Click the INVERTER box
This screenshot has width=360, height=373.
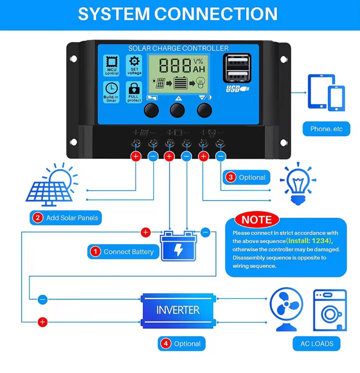click(x=178, y=310)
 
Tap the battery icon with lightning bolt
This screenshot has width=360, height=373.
click(x=178, y=247)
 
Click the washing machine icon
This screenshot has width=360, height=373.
click(x=330, y=310)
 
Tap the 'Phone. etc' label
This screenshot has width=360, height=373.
click(x=326, y=129)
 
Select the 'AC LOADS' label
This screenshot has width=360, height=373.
click(x=317, y=344)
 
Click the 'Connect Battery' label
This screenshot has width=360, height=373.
click(x=123, y=252)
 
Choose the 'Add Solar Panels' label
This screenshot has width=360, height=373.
click(x=66, y=217)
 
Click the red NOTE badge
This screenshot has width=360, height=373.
click(x=257, y=220)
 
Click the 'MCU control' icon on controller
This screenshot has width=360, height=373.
click(x=112, y=65)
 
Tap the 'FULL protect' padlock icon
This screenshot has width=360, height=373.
click(x=134, y=92)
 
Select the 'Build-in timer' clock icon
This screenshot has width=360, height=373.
click(x=112, y=92)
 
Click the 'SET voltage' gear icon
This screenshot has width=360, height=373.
click(x=134, y=65)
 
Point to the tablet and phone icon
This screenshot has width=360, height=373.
click(x=326, y=93)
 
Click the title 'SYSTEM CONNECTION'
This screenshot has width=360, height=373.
click(x=178, y=14)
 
